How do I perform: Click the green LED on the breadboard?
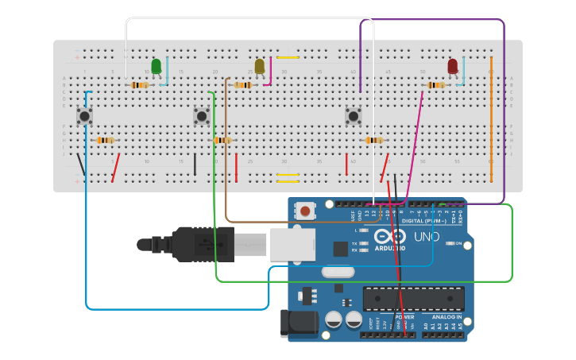156,66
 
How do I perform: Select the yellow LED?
259,66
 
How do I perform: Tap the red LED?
452,66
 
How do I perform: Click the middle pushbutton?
202,116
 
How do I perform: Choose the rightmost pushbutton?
353,116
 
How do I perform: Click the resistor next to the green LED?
140,85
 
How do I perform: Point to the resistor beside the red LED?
435,85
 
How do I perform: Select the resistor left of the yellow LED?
242,85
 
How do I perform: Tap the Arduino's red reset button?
305,211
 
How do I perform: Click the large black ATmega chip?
413,299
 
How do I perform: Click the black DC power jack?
299,323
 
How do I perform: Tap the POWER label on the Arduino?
404,316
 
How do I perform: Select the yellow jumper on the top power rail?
288,57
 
